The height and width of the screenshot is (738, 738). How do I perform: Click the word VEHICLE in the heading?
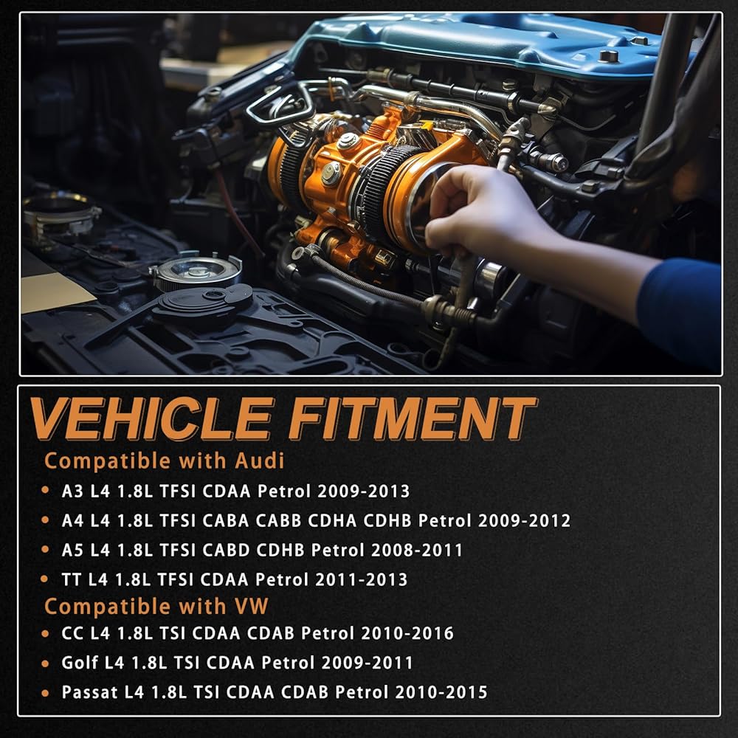(x=151, y=418)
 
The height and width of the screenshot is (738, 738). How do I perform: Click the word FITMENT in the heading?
(x=413, y=418)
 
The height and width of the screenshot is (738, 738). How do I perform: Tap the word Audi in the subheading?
(x=259, y=461)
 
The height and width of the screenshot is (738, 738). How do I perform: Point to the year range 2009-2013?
(x=363, y=492)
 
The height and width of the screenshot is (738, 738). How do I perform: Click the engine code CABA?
(x=225, y=520)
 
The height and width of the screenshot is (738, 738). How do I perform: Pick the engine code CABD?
(x=225, y=550)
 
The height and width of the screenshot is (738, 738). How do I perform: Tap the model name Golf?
(x=79, y=663)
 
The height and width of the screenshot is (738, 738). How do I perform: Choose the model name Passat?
(x=89, y=692)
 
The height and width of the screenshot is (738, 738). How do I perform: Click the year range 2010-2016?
(x=407, y=633)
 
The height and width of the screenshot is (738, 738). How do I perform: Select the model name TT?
(x=72, y=579)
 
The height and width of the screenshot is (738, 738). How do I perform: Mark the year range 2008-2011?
(x=417, y=550)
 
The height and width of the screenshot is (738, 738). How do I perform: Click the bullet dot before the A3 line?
(x=45, y=491)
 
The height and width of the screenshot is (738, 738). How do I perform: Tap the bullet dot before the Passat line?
(x=45, y=693)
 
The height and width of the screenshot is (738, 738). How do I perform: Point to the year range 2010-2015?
(x=441, y=692)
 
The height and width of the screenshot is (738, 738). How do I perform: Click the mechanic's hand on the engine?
(x=475, y=212)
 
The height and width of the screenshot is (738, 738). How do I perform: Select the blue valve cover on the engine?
(x=494, y=42)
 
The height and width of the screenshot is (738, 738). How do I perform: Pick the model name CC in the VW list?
(x=72, y=633)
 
